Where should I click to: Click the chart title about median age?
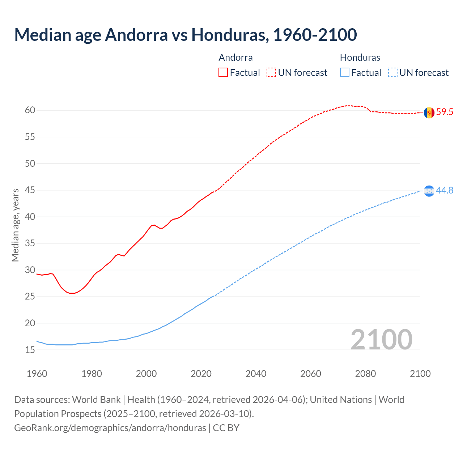pyautogui.click(x=186, y=35)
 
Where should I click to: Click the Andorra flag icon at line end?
pyautogui.click(x=429, y=112)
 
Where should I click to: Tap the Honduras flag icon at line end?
pyautogui.click(x=429, y=191)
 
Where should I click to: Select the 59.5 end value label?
pyautogui.click(x=445, y=112)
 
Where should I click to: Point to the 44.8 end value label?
pyautogui.click(x=445, y=190)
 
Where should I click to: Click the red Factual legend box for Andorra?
pyautogui.click(x=223, y=73)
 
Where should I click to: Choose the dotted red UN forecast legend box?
pyautogui.click(x=271, y=73)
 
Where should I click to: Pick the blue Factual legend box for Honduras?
pyautogui.click(x=345, y=73)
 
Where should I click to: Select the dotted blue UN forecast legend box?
pyautogui.click(x=393, y=73)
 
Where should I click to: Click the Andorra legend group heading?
pyautogui.click(x=235, y=58)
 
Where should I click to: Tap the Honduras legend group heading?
pyautogui.click(x=360, y=58)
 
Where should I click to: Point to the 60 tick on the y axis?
pyautogui.click(x=30, y=110)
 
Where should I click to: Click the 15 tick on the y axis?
pyautogui.click(x=30, y=350)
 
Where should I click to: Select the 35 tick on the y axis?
pyautogui.click(x=30, y=243)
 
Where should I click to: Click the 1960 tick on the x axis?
pyautogui.click(x=37, y=374)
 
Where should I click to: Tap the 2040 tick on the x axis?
pyautogui.click(x=256, y=374)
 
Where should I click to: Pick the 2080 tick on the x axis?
pyautogui.click(x=365, y=374)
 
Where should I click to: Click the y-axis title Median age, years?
pyautogui.click(x=15, y=225)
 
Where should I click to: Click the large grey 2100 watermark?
pyautogui.click(x=381, y=340)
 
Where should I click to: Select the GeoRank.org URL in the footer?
pyautogui.click(x=110, y=428)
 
